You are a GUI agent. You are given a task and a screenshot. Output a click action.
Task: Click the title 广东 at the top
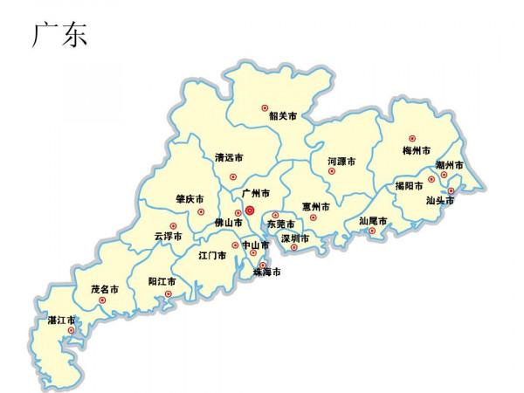click(59, 34)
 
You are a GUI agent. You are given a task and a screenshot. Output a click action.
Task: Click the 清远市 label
click(229, 159)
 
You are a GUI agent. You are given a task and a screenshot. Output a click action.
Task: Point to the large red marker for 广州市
click(250, 210)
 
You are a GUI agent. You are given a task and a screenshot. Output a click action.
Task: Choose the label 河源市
click(341, 162)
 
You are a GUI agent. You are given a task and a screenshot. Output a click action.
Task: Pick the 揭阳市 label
click(408, 185)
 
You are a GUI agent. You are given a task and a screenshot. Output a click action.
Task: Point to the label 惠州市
click(315, 207)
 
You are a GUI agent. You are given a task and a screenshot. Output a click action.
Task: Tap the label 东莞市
click(281, 224)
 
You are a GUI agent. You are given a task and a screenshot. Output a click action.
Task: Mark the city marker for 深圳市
click(294, 247)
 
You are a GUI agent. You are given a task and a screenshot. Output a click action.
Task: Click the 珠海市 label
click(266, 272)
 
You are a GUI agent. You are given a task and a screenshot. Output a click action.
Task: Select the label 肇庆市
click(190, 198)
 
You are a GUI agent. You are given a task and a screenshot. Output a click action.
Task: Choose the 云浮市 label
click(168, 236)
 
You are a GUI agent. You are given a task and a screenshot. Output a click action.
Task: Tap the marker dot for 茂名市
click(103, 300)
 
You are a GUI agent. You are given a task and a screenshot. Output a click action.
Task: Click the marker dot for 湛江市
click(71, 330)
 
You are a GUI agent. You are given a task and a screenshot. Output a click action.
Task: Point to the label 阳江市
click(162, 282)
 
